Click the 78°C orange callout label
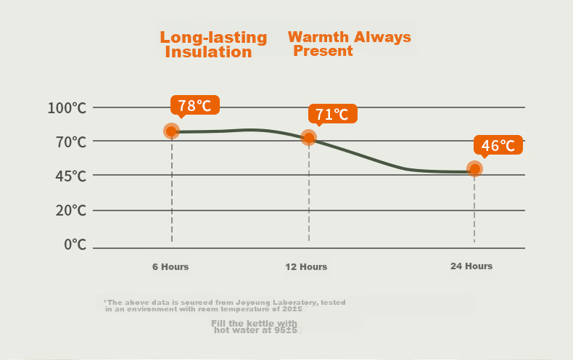(195, 105)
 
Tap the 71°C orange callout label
(332, 114)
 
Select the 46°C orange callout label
(498, 145)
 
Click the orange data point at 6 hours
(171, 131)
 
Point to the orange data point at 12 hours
(309, 138)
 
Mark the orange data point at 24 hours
(474, 169)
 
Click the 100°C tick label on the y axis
(67, 108)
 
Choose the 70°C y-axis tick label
(71, 142)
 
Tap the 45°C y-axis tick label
(71, 176)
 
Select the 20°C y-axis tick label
(71, 210)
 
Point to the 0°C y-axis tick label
(75, 245)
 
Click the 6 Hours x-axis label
(170, 266)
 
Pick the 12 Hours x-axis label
(306, 266)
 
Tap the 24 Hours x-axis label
(471, 266)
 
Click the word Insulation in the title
(209, 52)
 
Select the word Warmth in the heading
(318, 37)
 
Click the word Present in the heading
(323, 51)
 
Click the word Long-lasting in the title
(214, 38)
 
